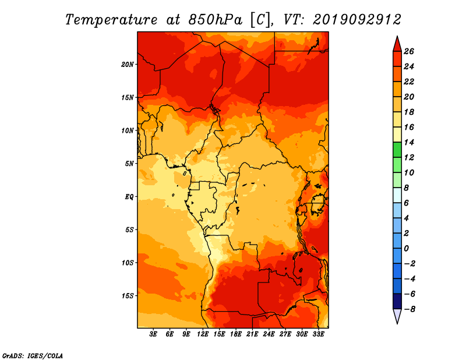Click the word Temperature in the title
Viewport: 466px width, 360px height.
pyautogui.click(x=111, y=20)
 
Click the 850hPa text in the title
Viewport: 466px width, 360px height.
pyautogui.click(x=216, y=20)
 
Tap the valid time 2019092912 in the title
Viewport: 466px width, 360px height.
pyautogui.click(x=357, y=20)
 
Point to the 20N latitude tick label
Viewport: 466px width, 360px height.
pyautogui.click(x=128, y=65)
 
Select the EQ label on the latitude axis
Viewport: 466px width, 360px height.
pyautogui.click(x=129, y=197)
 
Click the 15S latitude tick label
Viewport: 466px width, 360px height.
pyautogui.click(x=128, y=296)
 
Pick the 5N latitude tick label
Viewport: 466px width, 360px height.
pyautogui.click(x=129, y=164)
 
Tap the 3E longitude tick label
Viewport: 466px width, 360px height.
pyautogui.click(x=153, y=334)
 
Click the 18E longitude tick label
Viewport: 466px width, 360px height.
pyautogui.click(x=236, y=334)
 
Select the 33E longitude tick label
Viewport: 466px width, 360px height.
pyautogui.click(x=318, y=334)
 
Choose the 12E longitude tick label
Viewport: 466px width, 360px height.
pyautogui.click(x=203, y=334)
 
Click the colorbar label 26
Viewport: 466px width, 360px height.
pyautogui.click(x=409, y=51)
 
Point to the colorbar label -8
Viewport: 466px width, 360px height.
pyautogui.click(x=409, y=309)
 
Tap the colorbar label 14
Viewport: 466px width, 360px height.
pyautogui.click(x=409, y=142)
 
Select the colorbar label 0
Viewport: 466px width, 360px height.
pyautogui.click(x=406, y=249)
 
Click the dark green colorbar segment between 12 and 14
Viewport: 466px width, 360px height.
pyautogui.click(x=397, y=150)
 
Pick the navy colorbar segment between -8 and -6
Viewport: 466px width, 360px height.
pyautogui.click(x=397, y=301)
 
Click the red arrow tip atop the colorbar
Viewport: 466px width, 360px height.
pyautogui.click(x=397, y=36)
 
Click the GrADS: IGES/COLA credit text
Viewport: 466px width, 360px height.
pyautogui.click(x=33, y=356)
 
